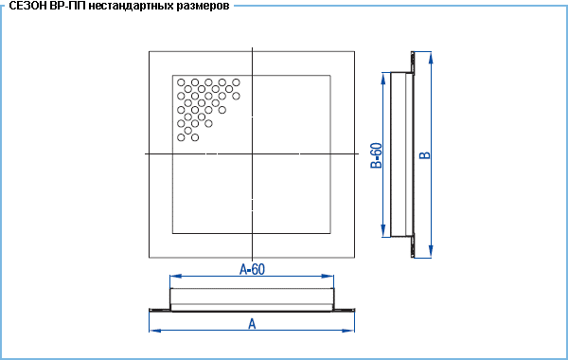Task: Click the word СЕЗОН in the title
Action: pos(27,6)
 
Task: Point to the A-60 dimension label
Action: pos(252,269)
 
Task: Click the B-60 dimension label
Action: pos(377,155)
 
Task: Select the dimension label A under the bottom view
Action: pos(252,324)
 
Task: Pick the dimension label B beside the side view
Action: pos(425,154)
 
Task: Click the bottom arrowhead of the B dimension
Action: pos(431,252)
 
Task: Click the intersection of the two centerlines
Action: pos(252,153)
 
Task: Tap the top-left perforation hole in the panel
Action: pos(181,82)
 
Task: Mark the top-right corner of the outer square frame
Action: pos(354,51)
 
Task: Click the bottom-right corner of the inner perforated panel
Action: pos(330,233)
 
